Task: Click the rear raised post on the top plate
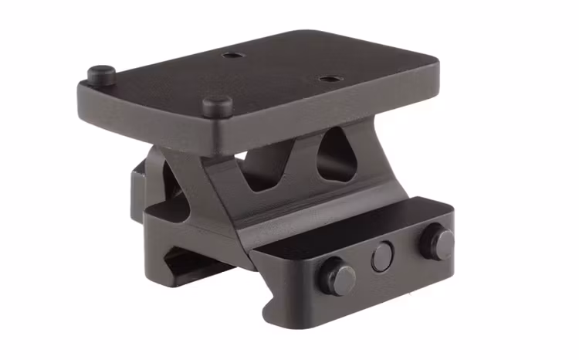101,74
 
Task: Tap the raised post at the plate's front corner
215,104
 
